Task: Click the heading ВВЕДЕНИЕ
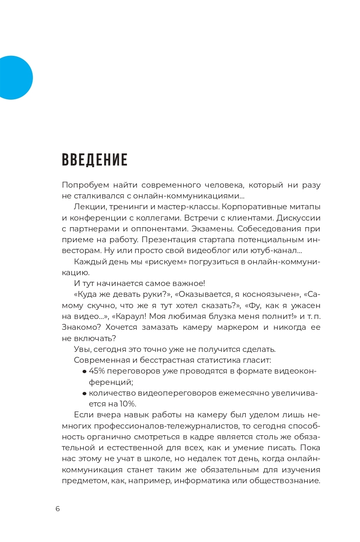pos(95,160)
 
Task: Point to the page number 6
pos(58,509)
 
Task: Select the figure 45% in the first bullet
pos(97,371)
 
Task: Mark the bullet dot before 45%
pos(84,371)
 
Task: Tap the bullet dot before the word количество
pos(84,393)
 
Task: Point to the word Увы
pos(82,349)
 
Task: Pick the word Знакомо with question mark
pos(79,327)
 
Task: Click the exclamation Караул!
pos(132,316)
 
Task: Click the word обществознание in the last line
pos(284,480)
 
